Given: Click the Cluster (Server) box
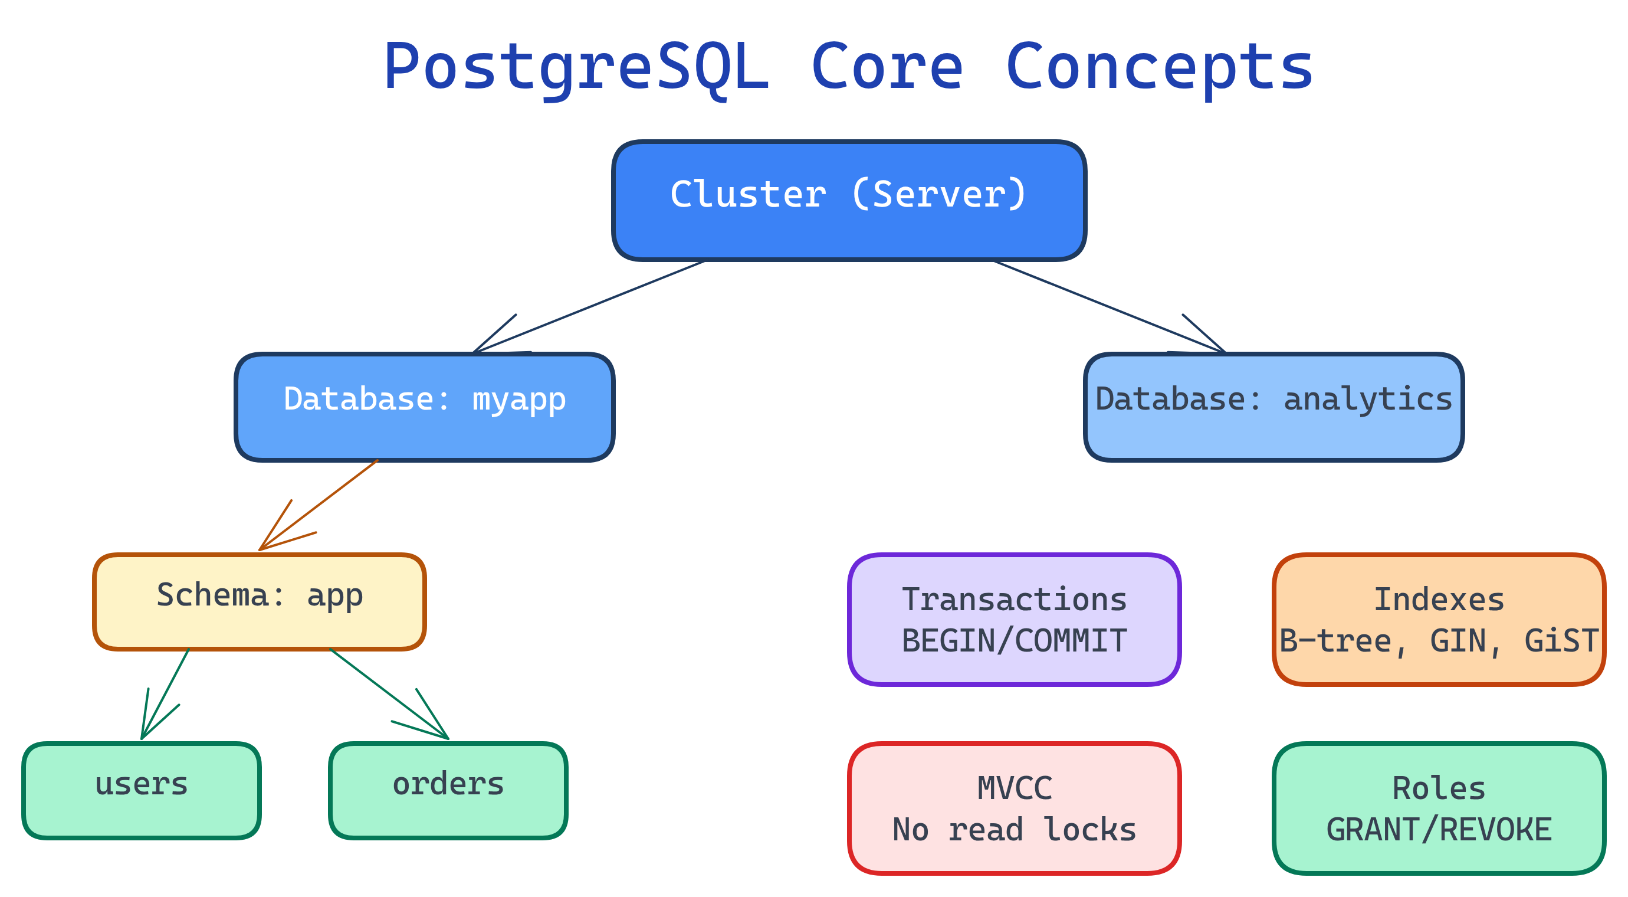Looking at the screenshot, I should pyautogui.click(x=849, y=201).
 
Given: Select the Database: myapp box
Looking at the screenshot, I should pyautogui.click(x=424, y=407).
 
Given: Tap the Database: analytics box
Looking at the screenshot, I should pyautogui.click(x=1273, y=407).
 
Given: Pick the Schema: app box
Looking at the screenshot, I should pyautogui.click(x=259, y=601).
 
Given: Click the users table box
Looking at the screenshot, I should pyautogui.click(x=142, y=790).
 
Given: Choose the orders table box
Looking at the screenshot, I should pyautogui.click(x=448, y=790).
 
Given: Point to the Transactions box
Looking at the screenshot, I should pyautogui.click(x=1014, y=620).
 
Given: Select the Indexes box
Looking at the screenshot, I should pyautogui.click(x=1439, y=620).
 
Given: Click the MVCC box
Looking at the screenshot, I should pyautogui.click(x=1014, y=808).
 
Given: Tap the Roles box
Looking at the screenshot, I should pyautogui.click(x=1439, y=808).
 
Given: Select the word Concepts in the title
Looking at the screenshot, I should pyautogui.click(x=1159, y=66).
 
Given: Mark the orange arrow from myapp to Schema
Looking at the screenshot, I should pyautogui.click(x=319, y=505).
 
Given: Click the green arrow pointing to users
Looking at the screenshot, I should pyautogui.click(x=166, y=693).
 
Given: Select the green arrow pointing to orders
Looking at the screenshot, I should pyautogui.click(x=388, y=693).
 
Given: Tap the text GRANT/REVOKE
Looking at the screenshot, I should pyautogui.click(x=1439, y=829).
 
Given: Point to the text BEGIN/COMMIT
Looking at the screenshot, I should pyautogui.click(x=1014, y=641).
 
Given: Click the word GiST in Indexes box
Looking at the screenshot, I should pyautogui.click(x=1561, y=641).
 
